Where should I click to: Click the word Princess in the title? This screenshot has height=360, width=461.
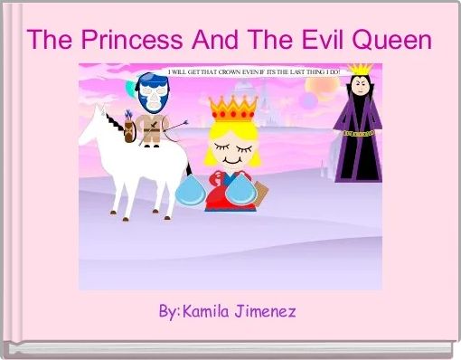[x=132, y=40]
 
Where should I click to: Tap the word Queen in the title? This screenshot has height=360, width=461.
[x=392, y=41]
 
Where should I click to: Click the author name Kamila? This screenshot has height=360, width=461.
[x=205, y=311]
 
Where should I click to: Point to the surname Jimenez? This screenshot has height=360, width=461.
[x=266, y=311]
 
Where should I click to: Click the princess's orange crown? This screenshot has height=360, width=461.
[x=233, y=109]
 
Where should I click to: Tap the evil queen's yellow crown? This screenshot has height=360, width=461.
[x=360, y=69]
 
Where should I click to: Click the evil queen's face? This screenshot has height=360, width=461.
[x=360, y=86]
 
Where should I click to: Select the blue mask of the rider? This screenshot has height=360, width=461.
[x=154, y=92]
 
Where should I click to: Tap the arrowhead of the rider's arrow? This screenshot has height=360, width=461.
[x=184, y=122]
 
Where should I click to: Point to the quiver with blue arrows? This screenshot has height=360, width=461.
[x=130, y=128]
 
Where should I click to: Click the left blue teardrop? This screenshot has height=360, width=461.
[x=191, y=191]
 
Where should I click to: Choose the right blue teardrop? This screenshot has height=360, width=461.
[x=240, y=190]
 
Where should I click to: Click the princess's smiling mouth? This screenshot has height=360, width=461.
[x=232, y=160]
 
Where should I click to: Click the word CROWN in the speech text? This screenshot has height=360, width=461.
[x=230, y=72]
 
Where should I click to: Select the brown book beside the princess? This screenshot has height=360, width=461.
[x=261, y=194]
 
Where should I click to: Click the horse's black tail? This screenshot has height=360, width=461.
[x=189, y=169]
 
